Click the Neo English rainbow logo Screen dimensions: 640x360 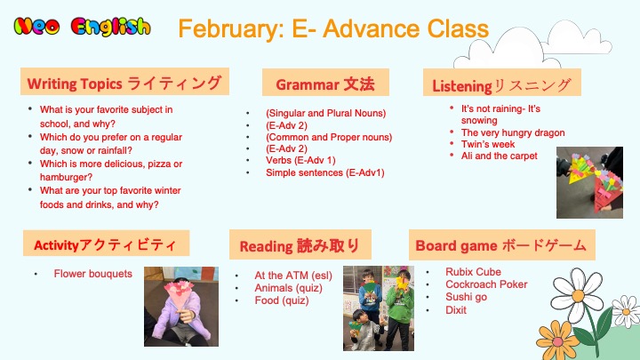coord(82,27)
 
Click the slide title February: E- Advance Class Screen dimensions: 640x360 coord(333,28)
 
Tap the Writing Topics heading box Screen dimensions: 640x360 coord(124,82)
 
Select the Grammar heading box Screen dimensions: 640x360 coord(325,83)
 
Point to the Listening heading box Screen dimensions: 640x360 coord(501,83)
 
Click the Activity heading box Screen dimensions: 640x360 coord(106,244)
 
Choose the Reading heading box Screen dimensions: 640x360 coord(300,244)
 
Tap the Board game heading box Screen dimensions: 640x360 coord(501,245)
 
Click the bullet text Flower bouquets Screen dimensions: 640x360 coord(93,274)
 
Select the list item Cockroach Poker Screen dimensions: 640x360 coord(486,284)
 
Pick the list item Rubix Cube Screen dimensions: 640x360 coord(473,272)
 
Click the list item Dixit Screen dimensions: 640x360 coord(455,310)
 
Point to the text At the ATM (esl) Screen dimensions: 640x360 coord(293,276)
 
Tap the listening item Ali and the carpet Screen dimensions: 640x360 coord(500,156)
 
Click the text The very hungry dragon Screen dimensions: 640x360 coord(513,132)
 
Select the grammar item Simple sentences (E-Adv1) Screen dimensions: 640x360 coord(325,172)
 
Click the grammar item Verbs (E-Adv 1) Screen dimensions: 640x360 coord(300,160)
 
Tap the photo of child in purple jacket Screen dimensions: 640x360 coord(181,307)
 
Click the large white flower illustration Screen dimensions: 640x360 coord(576,294)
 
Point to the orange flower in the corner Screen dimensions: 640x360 coord(556,340)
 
